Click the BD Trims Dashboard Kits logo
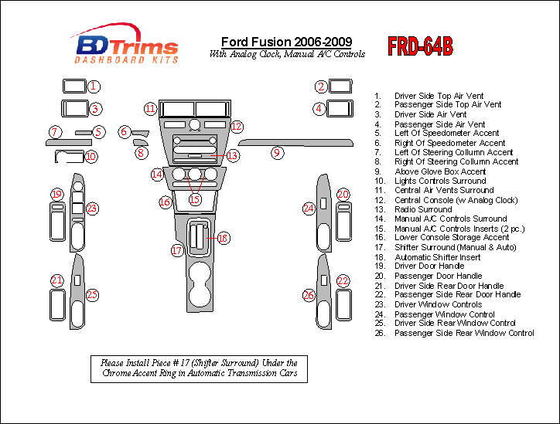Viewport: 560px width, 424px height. pos(125,45)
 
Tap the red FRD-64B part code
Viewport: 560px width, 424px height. pos(421,46)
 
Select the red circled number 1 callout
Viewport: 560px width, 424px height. pos(93,86)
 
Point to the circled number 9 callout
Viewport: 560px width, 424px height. pos(276,153)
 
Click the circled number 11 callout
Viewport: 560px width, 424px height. pos(150,108)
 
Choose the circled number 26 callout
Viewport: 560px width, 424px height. pos(309,295)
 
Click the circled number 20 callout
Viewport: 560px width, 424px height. pos(343,195)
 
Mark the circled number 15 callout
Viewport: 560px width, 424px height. pos(195,199)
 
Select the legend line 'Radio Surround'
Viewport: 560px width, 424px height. pos(423,209)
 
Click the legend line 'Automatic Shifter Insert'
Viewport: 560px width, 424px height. pos(437,257)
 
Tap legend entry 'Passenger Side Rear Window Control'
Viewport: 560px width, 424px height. pos(463,333)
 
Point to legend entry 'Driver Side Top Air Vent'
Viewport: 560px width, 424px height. pos(439,95)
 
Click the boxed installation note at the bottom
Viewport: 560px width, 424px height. pos(199,368)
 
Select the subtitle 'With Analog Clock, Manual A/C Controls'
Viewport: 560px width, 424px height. pos(287,54)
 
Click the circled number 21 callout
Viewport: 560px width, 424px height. pos(56,280)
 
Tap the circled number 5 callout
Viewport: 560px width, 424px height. pos(98,132)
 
